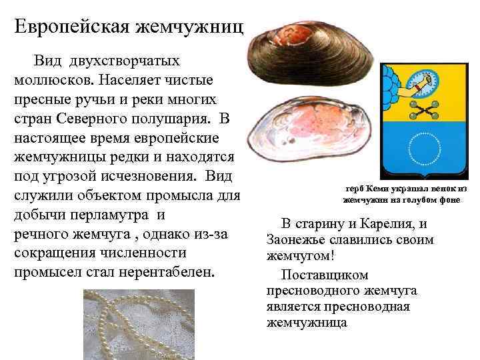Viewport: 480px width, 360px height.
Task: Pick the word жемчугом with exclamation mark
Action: tap(297, 256)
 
